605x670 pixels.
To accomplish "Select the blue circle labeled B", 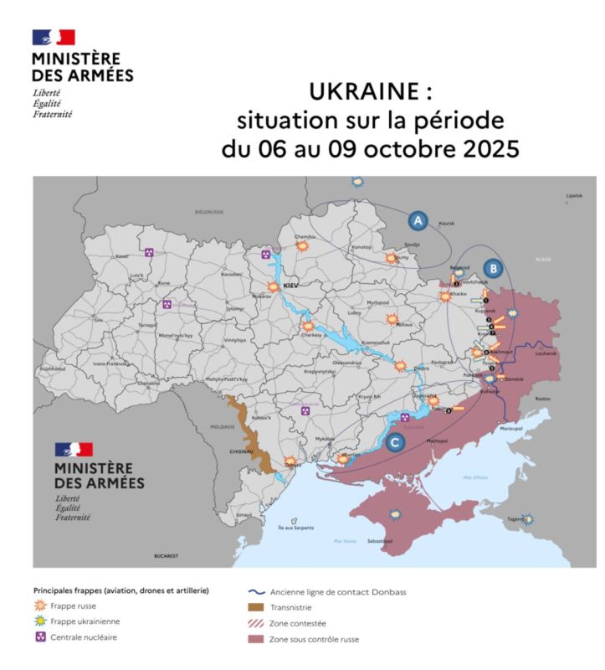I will click(494, 268).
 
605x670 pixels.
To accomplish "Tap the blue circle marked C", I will click(395, 441).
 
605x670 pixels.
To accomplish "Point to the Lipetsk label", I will click(573, 195).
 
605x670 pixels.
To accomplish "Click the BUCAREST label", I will click(167, 555).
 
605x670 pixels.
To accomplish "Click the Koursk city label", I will click(446, 224).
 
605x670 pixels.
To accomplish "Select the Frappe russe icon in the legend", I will click(40, 606).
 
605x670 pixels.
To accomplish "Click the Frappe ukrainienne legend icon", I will click(40, 621).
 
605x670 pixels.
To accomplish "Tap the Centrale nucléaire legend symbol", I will click(40, 637).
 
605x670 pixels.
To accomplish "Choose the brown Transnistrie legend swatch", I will click(255, 607).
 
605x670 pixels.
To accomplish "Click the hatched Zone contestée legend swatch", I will click(255, 623).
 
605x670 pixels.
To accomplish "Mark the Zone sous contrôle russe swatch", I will click(255, 639).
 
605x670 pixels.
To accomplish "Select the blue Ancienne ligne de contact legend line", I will click(255, 591).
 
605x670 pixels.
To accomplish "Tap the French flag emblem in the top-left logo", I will click(54, 37).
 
